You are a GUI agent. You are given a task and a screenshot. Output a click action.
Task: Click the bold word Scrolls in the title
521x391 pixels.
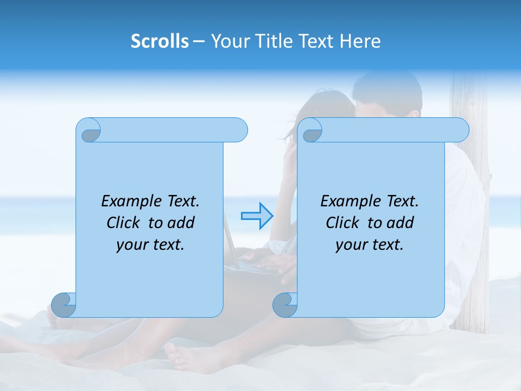160,41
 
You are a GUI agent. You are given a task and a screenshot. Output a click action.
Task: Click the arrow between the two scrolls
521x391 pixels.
257,216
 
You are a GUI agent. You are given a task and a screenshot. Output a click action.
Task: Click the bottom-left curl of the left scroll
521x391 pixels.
64,305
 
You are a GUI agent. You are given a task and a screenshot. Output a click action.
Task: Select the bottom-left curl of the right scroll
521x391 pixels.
285,305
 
